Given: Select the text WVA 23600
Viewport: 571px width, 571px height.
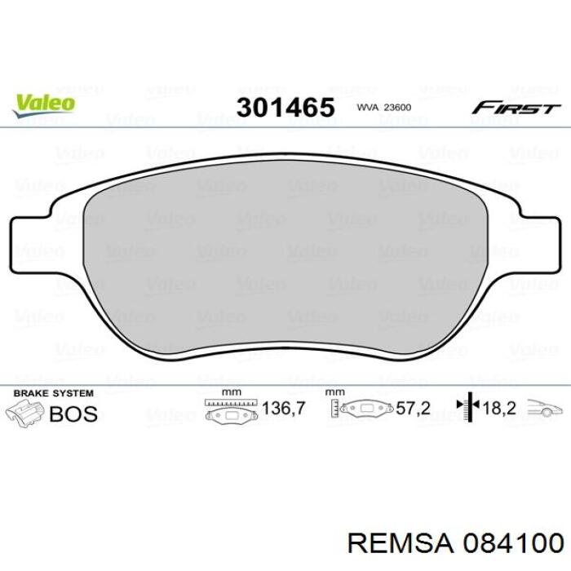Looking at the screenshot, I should (x=384, y=108).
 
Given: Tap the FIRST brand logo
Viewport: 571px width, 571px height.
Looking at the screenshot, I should (x=516, y=108).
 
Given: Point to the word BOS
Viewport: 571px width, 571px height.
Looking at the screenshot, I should (x=73, y=414).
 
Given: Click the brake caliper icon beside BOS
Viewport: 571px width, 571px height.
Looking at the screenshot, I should (x=29, y=414).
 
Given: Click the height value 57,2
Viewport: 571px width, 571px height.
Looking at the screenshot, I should (x=414, y=409).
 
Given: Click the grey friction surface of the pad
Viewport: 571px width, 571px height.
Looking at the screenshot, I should (x=285, y=261).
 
